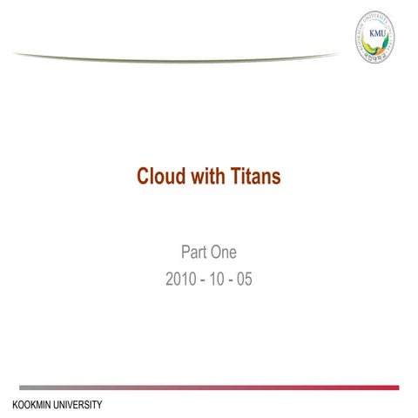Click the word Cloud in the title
[159, 177]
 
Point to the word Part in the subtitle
[194, 253]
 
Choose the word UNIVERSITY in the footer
[79, 405]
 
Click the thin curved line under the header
[174, 56]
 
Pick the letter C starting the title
[143, 177]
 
